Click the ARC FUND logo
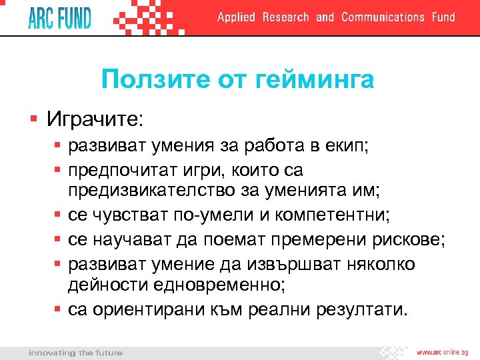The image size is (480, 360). (59, 17)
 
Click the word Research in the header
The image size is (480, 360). (285, 17)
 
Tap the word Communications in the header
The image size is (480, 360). (383, 17)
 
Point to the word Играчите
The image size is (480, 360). (94, 120)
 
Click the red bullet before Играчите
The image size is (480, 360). (33, 120)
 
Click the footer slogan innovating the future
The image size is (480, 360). (75, 352)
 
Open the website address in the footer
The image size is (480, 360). (443, 352)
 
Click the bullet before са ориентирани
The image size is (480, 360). (58, 309)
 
